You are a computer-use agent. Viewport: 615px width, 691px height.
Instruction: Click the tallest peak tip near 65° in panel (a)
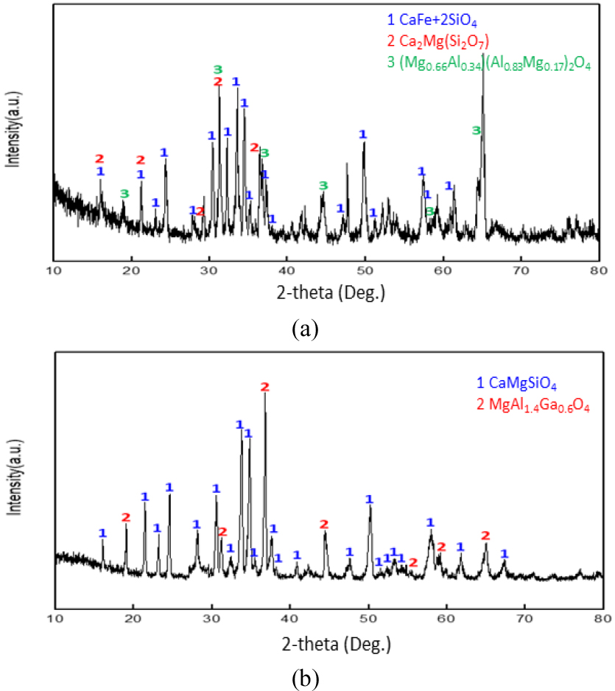(483, 53)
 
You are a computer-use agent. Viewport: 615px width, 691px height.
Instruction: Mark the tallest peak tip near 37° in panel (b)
(264, 393)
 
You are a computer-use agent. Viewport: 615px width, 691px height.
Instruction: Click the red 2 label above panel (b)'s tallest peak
(265, 386)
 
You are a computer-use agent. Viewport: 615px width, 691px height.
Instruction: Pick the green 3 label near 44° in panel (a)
(323, 184)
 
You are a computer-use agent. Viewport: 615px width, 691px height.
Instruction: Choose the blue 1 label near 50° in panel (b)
(369, 499)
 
